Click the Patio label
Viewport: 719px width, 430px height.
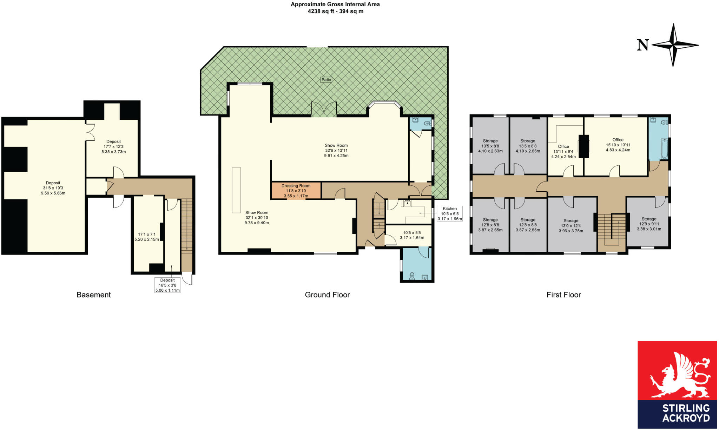[326, 80]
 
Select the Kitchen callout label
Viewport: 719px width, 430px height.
[450, 213]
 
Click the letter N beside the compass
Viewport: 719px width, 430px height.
[643, 45]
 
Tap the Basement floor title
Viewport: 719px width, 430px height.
[93, 295]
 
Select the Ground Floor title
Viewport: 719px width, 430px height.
[327, 295]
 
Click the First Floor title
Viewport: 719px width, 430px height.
[563, 295]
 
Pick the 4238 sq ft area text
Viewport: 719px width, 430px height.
[335, 11]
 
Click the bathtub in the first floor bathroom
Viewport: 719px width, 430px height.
[664, 149]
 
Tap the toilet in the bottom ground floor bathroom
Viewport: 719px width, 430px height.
[412, 276]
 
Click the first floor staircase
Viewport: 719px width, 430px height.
[612, 230]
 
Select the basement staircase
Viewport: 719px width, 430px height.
[187, 225]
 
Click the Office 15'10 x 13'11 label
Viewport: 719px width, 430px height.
[618, 145]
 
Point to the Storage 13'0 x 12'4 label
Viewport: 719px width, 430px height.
[571, 226]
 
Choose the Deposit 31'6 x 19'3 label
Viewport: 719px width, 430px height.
[53, 188]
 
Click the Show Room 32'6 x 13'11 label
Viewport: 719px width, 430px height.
[336, 150]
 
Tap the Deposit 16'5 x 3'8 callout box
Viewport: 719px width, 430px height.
[167, 285]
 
